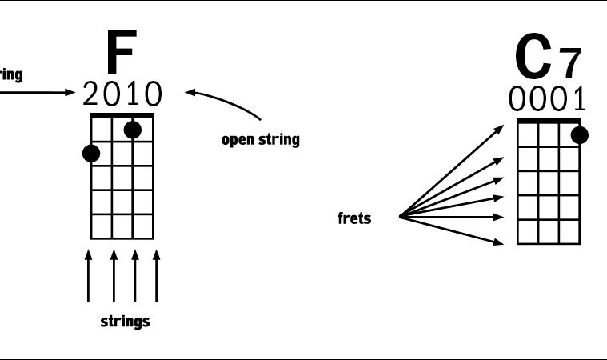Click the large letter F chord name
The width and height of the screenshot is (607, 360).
point(121,54)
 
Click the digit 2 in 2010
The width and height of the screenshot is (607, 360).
point(93,95)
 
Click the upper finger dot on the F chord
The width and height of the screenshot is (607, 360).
point(133,130)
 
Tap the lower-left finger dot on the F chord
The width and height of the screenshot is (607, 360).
point(91,153)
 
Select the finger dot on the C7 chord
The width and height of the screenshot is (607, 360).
point(579,135)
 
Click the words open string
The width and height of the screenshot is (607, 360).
point(260,140)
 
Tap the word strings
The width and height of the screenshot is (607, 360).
point(125,322)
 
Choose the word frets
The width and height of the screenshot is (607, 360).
point(354,218)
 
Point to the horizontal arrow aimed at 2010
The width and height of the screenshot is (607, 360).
point(36,92)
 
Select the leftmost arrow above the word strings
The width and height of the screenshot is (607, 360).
point(88,276)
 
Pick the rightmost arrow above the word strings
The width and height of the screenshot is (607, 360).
point(156,276)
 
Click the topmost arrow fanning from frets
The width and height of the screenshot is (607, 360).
point(452,170)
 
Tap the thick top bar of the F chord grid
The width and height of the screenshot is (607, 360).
point(122,116)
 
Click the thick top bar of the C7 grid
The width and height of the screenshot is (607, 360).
point(548,121)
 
